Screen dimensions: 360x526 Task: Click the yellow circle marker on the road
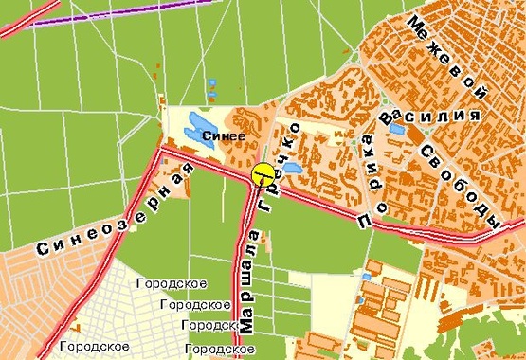click(263, 174)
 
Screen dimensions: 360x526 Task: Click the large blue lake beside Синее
click(200, 125)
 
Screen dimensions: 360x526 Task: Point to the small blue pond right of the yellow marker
click(289, 169)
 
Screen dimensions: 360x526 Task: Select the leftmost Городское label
click(88, 347)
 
